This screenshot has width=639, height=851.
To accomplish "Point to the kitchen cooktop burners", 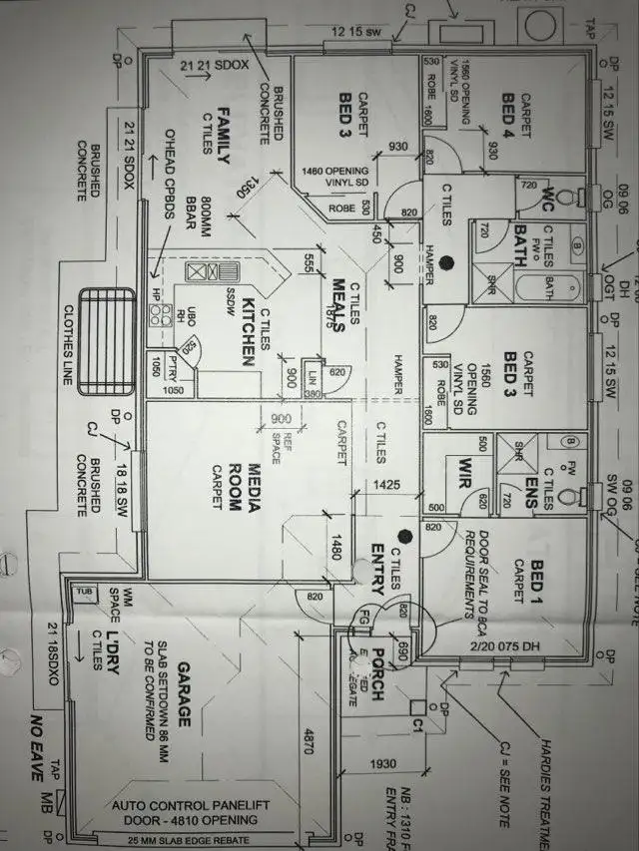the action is tap(160, 315).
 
